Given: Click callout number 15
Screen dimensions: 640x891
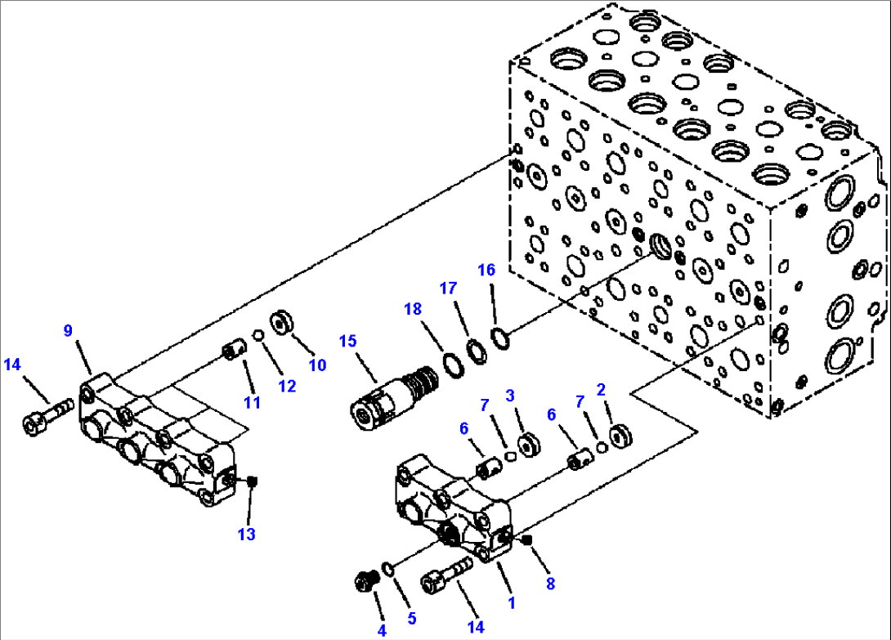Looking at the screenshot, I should click(348, 340).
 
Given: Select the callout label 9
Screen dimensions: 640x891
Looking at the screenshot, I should click(69, 331).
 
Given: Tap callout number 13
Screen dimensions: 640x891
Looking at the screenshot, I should click(247, 535).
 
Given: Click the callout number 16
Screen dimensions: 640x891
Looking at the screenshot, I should click(486, 270).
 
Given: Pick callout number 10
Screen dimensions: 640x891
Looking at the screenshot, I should click(317, 365).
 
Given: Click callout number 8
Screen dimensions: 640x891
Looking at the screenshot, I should click(550, 584).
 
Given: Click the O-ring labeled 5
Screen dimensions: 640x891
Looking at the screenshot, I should click(388, 569).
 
